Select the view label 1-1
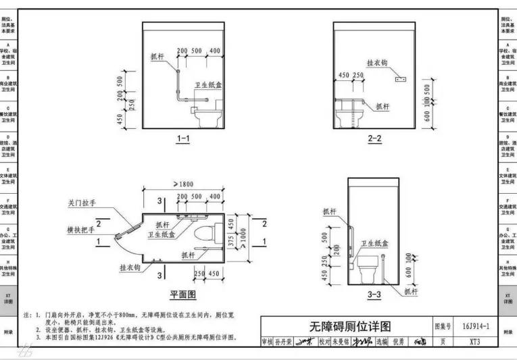[x=183, y=139]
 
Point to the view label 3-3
[x=374, y=294]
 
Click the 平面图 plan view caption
[x=182, y=295]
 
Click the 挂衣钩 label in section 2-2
[x=376, y=62]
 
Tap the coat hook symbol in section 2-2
[x=399, y=79]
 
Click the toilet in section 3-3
[x=369, y=269]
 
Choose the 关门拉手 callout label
[x=82, y=202]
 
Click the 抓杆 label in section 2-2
[x=383, y=106]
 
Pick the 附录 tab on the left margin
[x=8, y=332]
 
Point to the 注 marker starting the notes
[x=27, y=315]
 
